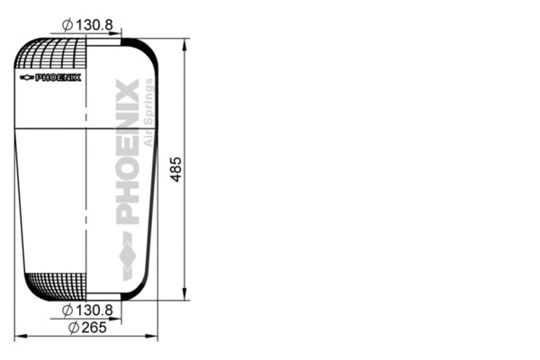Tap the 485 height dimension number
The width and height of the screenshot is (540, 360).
(x=176, y=168)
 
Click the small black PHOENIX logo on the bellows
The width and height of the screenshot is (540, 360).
(x=58, y=77)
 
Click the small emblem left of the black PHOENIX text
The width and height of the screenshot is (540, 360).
(x=25, y=77)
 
